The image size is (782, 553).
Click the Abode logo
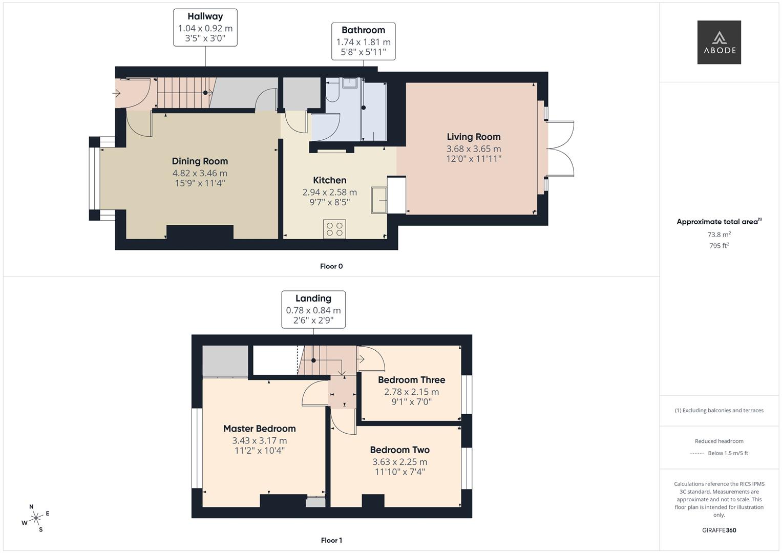[719, 42]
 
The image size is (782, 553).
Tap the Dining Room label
[200, 161]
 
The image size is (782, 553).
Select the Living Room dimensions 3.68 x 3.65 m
[474, 148]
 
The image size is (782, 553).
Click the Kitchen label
[330, 180]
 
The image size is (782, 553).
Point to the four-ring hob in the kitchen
[334, 229]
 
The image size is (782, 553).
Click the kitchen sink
[379, 200]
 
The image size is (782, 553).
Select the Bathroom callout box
[364, 41]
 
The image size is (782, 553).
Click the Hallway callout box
[205, 28]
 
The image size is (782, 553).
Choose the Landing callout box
[313, 310]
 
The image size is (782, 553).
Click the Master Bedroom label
[260, 429]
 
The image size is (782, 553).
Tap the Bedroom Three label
[412, 380]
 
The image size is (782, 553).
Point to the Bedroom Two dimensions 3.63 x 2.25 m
[400, 462]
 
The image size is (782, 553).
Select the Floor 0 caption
[331, 266]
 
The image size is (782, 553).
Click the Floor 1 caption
[331, 540]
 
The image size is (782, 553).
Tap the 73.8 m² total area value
[719, 235]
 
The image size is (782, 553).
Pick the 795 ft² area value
[719, 245]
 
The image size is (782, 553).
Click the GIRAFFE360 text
[719, 530]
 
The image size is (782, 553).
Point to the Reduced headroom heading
[719, 441]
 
